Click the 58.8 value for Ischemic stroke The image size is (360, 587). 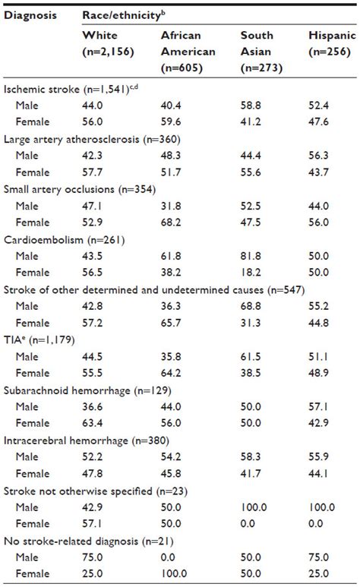point(253,104)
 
